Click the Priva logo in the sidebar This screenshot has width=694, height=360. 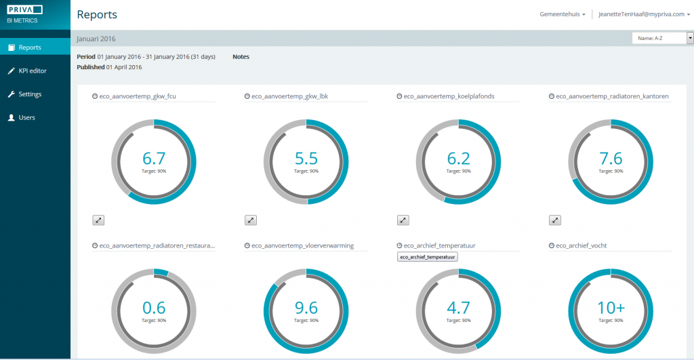click(x=24, y=9)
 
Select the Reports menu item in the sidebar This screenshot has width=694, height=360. click(x=30, y=47)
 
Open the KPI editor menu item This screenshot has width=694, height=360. click(x=32, y=71)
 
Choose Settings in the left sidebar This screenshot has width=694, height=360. click(x=30, y=94)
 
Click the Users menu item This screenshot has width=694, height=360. click(x=26, y=117)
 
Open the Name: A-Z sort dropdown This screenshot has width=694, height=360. click(x=662, y=39)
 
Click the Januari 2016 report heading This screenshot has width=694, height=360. click(x=97, y=39)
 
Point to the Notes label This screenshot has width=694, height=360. click(x=241, y=57)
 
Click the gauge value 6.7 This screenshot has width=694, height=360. click(x=154, y=159)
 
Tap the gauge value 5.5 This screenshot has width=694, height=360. click(x=306, y=159)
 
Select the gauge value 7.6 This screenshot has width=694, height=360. click(x=611, y=159)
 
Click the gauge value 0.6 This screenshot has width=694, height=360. click(x=154, y=307)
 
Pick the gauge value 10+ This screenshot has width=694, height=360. click(x=611, y=307)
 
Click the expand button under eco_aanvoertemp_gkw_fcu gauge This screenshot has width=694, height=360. click(x=98, y=220)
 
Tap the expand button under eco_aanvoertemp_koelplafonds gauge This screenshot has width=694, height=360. click(x=403, y=220)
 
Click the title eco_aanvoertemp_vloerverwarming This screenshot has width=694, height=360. click(x=302, y=245)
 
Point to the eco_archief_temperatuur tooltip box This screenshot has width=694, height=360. click(x=427, y=257)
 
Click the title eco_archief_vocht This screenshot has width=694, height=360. click(x=577, y=245)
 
